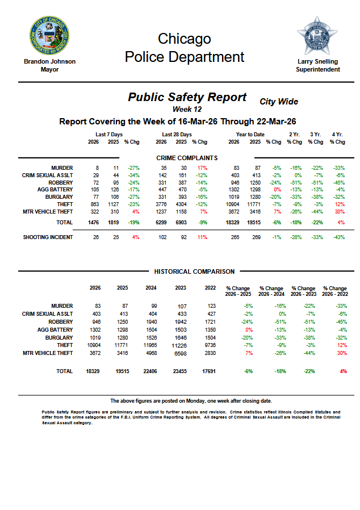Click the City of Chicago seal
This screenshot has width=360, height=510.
49,36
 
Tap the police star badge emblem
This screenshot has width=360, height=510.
317,35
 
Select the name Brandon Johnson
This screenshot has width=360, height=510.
49,61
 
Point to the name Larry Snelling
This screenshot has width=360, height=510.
318,61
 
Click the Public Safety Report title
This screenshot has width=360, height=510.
187,97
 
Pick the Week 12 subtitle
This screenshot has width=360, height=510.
187,108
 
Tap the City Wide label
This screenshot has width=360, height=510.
278,102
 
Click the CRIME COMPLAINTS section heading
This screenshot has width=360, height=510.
187,158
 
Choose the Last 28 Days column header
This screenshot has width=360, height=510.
177,135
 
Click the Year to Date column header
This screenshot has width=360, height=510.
250,135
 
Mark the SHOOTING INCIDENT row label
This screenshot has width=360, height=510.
48,237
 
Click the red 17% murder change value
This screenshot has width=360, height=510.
202,168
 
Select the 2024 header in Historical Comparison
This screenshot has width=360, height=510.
150,288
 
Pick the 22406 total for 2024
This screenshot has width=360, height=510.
150,371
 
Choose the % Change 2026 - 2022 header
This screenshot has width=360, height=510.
334,291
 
